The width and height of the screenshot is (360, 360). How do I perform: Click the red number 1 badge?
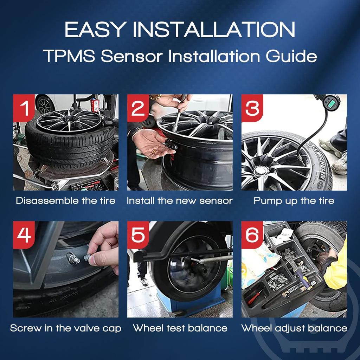point(24,108)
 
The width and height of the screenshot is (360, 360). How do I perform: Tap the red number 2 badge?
point(138,108)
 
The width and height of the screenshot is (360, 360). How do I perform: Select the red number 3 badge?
point(252,108)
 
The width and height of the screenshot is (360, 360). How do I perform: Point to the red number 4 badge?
point(24,235)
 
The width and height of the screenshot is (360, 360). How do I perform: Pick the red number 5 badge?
point(138,235)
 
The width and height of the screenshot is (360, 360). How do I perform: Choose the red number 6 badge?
point(252,235)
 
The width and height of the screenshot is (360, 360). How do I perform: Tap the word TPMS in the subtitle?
point(69,56)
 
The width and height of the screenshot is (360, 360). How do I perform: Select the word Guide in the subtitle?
point(291,56)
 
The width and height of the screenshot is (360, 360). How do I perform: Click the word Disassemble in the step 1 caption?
point(44,201)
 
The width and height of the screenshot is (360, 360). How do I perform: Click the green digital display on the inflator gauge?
point(332,104)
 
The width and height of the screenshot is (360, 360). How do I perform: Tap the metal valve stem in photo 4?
point(73,258)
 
